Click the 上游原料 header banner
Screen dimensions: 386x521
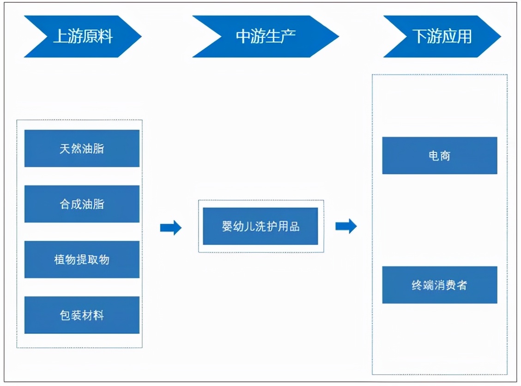(82, 36)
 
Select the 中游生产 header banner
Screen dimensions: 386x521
(265, 36)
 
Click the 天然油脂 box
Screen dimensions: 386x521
(82, 148)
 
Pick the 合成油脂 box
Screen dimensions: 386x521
(82, 204)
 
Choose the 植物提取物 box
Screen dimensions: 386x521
(82, 259)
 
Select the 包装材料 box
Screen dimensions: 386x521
(82, 315)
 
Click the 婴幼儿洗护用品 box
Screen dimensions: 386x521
(260, 226)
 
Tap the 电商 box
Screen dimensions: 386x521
(440, 156)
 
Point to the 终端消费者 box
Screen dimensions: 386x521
(440, 285)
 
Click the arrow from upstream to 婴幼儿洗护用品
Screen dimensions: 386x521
(170, 227)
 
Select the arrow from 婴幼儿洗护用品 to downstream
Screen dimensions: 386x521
(346, 226)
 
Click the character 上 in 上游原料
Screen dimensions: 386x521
(61, 36)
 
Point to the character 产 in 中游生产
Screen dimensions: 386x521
(288, 36)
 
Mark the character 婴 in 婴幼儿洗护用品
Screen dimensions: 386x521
(227, 227)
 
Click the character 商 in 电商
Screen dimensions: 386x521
(445, 156)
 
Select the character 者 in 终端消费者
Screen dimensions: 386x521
(461, 285)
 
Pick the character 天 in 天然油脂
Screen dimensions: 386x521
(65, 149)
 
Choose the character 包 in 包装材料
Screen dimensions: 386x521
(65, 315)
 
